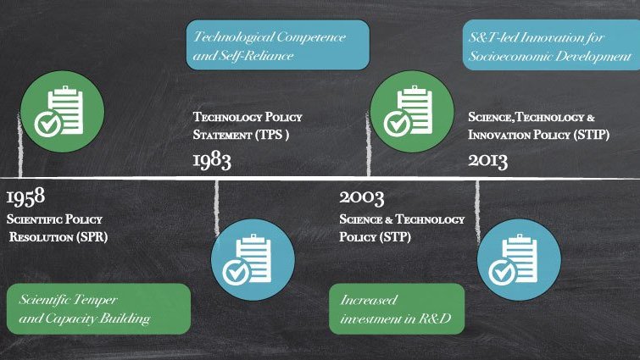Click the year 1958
click(x=25, y=197)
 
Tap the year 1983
click(x=212, y=161)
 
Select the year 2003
click(x=362, y=197)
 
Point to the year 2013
click(x=487, y=161)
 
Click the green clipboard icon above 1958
click(x=63, y=111)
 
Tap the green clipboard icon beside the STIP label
click(x=412, y=111)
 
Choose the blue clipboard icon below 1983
click(x=253, y=260)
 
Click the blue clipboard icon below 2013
click(x=519, y=260)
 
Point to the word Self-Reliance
click(x=256, y=55)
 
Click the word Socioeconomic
click(x=509, y=56)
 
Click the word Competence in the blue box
click(x=311, y=37)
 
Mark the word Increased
click(x=369, y=300)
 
